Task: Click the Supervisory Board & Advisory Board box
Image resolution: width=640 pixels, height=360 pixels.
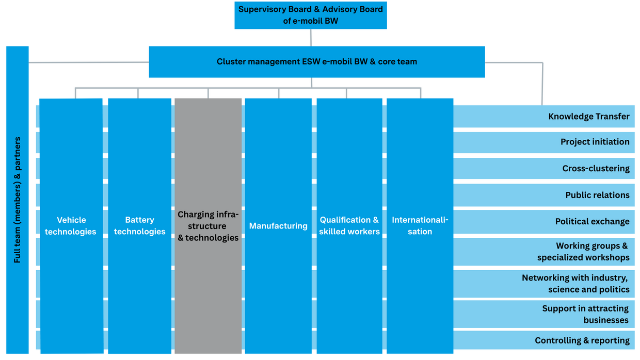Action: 310,15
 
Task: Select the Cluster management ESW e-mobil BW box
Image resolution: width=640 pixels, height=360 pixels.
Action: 316,62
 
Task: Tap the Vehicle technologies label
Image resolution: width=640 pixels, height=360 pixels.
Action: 71,226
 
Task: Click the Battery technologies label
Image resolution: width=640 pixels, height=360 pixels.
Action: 139,226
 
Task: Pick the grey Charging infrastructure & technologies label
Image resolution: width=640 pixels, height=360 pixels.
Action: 208,226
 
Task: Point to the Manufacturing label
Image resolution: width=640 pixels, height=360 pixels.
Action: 278,226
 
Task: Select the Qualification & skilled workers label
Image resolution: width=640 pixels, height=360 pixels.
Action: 349,226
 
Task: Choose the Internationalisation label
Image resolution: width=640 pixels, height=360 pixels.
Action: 420,226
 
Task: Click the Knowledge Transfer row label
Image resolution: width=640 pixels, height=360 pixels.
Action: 588,117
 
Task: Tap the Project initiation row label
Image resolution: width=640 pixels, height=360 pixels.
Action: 595,142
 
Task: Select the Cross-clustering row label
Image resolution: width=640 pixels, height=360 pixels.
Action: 596,169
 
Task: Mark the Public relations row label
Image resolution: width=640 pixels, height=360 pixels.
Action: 597,195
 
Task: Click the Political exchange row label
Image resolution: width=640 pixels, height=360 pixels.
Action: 592,222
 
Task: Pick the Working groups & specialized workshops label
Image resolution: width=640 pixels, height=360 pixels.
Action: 584,252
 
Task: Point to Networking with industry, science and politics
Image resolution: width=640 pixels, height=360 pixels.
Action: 575,284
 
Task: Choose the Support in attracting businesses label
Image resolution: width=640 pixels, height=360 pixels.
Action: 585,314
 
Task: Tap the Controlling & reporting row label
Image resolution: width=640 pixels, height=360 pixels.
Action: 582,340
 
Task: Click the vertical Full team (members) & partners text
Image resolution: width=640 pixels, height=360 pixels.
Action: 18,200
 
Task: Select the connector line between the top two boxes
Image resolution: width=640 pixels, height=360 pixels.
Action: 311,38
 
